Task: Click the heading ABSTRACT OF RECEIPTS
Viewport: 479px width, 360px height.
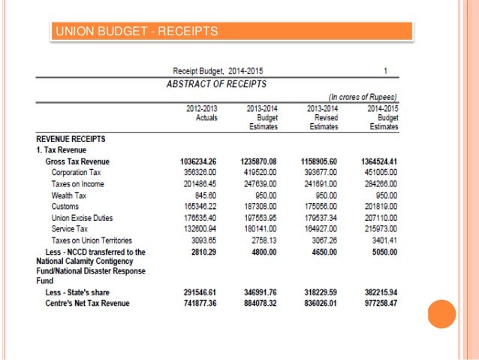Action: point(216,83)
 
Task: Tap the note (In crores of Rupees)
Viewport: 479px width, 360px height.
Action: point(363,97)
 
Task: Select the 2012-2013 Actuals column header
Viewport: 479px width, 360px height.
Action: point(201,113)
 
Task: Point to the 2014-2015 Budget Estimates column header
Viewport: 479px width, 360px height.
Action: point(383,117)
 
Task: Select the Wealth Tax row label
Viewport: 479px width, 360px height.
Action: point(69,195)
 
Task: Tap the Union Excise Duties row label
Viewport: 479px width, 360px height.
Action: point(83,218)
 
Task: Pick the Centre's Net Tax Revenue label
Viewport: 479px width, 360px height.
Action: point(87,303)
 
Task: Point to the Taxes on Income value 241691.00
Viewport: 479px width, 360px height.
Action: point(319,184)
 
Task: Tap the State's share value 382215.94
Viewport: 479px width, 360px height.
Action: point(379,292)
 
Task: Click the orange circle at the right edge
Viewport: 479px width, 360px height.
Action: point(442,313)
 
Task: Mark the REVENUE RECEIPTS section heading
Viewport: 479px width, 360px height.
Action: point(71,139)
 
